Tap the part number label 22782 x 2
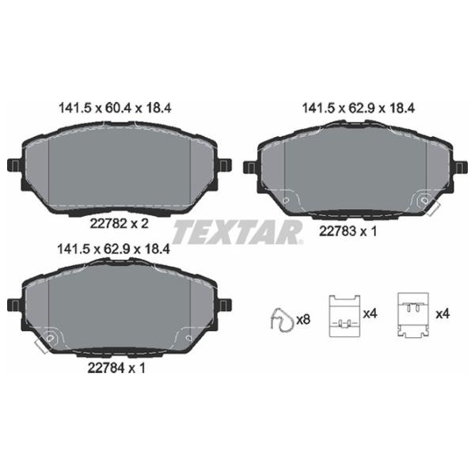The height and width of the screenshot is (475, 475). [120, 223]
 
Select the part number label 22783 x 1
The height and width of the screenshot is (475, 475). [348, 231]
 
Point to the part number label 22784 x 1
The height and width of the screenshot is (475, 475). [116, 368]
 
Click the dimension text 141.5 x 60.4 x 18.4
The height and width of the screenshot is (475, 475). [115, 108]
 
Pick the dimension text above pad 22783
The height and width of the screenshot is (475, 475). [359, 108]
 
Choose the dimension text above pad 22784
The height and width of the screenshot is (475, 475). [113, 249]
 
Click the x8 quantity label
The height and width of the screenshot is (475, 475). [303, 319]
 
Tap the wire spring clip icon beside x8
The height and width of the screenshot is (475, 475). [282, 320]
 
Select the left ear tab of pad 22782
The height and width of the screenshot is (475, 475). [14, 165]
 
